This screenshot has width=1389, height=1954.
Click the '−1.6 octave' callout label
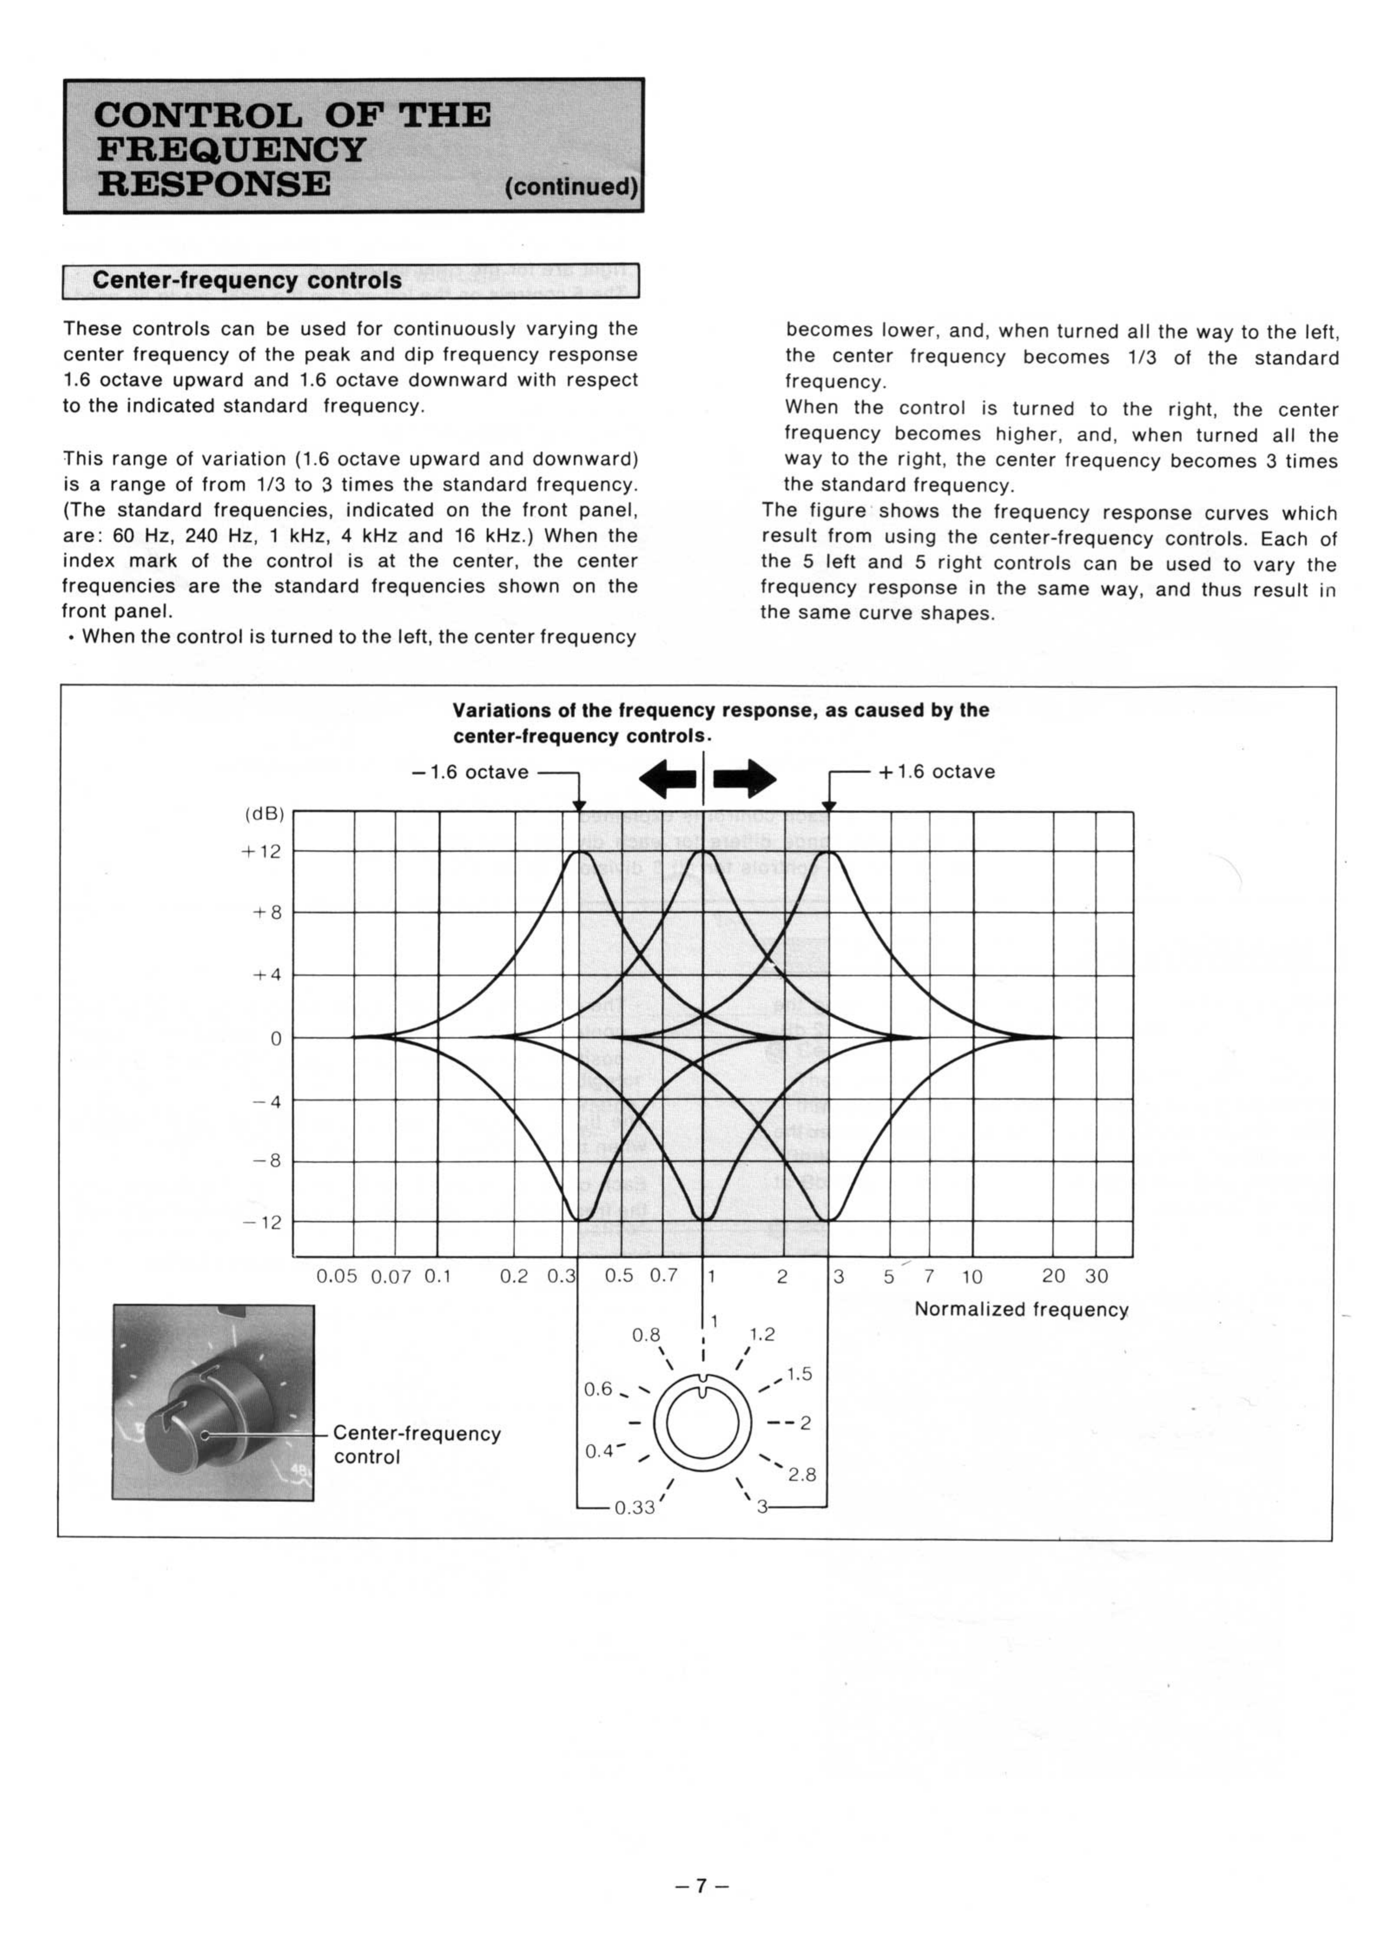tap(471, 772)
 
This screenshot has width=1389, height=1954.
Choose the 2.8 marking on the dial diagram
tap(802, 1475)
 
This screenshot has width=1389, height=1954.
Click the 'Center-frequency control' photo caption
tap(417, 1445)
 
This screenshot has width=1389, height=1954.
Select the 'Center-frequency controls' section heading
tap(247, 281)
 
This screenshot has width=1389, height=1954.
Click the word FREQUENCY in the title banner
tap(231, 150)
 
